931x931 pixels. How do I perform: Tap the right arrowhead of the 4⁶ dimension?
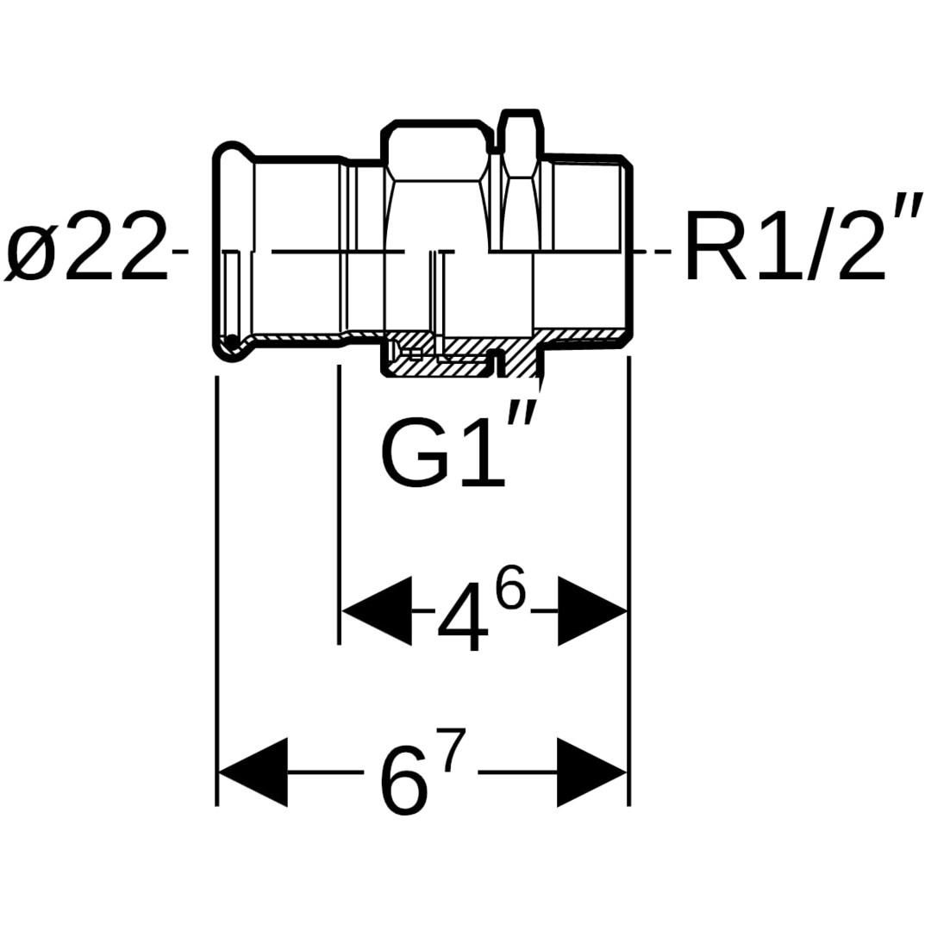[x=591, y=611]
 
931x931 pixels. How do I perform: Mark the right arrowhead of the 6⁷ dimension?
[x=591, y=772]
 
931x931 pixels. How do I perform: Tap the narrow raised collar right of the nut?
[x=521, y=138]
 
